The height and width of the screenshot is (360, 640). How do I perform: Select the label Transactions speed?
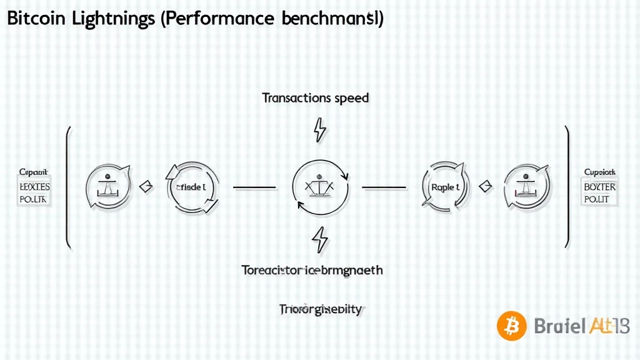tap(316, 98)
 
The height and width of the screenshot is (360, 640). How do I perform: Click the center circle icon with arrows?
tap(319, 186)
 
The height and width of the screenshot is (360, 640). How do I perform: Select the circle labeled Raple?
tap(446, 187)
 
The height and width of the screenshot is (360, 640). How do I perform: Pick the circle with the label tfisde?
tap(192, 186)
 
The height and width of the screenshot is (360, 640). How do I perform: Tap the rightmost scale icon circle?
tap(526, 186)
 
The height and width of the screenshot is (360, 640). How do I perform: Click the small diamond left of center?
tap(146, 186)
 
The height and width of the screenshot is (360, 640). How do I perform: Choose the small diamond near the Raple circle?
tap(486, 186)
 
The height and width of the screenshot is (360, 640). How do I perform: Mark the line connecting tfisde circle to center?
tap(254, 186)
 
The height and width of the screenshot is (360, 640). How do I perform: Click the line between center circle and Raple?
tap(385, 186)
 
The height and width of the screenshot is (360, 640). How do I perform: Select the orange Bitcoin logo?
tap(512, 326)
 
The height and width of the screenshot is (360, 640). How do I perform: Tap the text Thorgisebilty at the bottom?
tap(320, 309)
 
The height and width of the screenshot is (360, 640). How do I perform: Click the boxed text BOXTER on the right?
tap(599, 187)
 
